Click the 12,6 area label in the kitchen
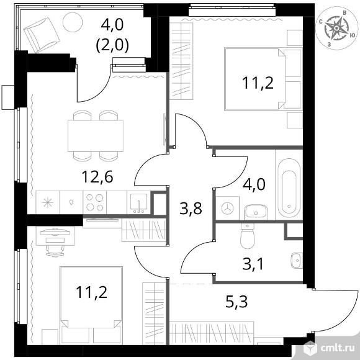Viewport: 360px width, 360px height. pyautogui.click(x=97, y=177)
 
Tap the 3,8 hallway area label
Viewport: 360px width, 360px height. pyautogui.click(x=191, y=209)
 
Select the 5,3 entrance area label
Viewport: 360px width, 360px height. pyautogui.click(x=236, y=302)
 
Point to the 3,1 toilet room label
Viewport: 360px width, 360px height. pyautogui.click(x=253, y=264)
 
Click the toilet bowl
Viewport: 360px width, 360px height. pyautogui.click(x=247, y=236)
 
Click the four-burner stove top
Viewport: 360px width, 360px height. pyautogui.click(x=94, y=203)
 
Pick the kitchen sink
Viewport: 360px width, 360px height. pyautogui.click(x=138, y=203)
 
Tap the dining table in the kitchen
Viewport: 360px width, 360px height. pyautogui.click(x=96, y=136)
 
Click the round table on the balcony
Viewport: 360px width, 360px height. pyautogui.click(x=73, y=22)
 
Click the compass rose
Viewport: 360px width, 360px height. pyautogui.click(x=336, y=28)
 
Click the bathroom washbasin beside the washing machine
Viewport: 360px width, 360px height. pyautogui.click(x=256, y=212)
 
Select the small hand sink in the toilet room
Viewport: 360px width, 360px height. pyautogui.click(x=297, y=261)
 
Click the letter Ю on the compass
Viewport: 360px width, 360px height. pyautogui.click(x=353, y=35)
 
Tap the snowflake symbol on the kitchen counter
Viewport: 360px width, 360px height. pyautogui.click(x=48, y=203)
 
